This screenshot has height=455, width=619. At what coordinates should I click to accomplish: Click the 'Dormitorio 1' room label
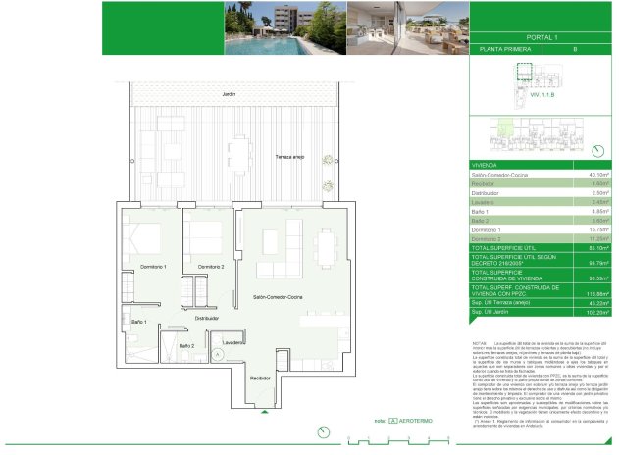[x=151, y=267]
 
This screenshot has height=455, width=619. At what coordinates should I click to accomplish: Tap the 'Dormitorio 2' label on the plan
[x=211, y=267]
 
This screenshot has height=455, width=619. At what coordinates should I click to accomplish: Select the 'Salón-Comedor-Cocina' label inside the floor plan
[x=278, y=296]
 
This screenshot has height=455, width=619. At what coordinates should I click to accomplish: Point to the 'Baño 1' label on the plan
[x=138, y=322]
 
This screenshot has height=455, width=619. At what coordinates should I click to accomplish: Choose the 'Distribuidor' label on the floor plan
[x=206, y=318]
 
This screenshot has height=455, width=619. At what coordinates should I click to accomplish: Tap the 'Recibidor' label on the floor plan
[x=260, y=378]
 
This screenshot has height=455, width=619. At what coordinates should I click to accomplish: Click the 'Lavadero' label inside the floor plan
[x=232, y=342]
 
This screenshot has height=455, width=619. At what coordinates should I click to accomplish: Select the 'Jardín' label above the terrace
[x=229, y=94]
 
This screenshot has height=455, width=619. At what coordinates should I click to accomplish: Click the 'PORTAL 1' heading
[x=542, y=37]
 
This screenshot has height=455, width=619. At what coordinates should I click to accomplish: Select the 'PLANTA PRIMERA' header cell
[x=500, y=48]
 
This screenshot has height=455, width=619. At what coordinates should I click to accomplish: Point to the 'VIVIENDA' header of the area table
[x=485, y=165]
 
